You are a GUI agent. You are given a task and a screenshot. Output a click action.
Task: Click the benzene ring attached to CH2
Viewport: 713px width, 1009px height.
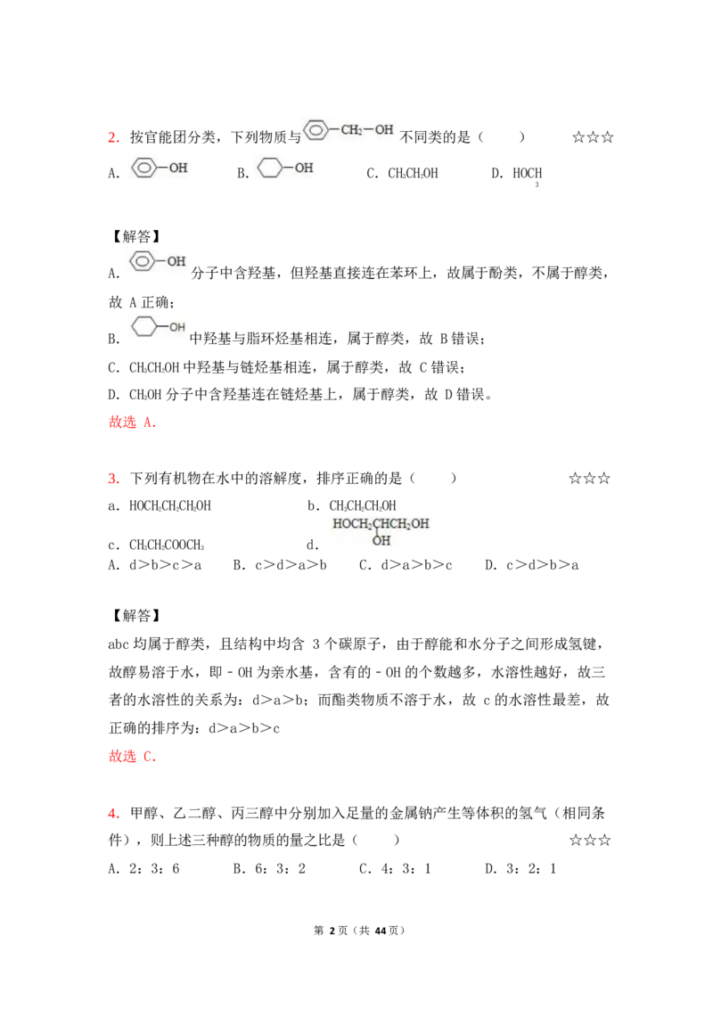[x=316, y=130]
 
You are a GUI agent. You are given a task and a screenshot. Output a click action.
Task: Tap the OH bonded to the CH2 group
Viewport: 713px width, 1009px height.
[x=383, y=130]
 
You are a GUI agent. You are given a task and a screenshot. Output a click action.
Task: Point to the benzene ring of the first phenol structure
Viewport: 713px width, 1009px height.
[x=143, y=167]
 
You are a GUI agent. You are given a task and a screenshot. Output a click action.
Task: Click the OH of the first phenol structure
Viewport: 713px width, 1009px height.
[x=178, y=167]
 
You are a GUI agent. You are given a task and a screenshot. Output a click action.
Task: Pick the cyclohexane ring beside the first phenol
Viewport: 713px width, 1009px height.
[x=269, y=167]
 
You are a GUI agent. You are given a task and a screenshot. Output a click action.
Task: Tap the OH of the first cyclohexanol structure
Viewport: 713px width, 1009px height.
[x=304, y=167]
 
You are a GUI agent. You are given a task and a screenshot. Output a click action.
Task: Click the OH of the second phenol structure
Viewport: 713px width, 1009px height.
[x=176, y=261]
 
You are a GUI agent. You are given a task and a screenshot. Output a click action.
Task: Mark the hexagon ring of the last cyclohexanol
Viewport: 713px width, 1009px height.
[x=143, y=327]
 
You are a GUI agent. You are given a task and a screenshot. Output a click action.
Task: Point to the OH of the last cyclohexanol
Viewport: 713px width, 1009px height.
[x=177, y=327]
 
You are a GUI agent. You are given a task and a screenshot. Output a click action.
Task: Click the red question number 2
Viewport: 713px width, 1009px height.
[x=113, y=136]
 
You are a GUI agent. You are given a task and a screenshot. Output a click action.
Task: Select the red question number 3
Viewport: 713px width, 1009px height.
[x=113, y=479]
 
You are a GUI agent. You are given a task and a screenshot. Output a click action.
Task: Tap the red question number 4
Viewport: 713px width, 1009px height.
[x=113, y=813]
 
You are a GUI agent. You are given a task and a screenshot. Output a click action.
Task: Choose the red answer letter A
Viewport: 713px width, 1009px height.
[x=150, y=423]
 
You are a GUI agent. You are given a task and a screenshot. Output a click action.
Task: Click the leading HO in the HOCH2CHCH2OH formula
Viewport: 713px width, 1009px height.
[x=341, y=523]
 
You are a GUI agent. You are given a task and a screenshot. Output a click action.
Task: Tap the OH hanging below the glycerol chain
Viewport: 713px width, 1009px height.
[x=381, y=540]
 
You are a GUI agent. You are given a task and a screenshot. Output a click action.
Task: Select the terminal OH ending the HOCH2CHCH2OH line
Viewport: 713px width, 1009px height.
[x=420, y=523]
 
